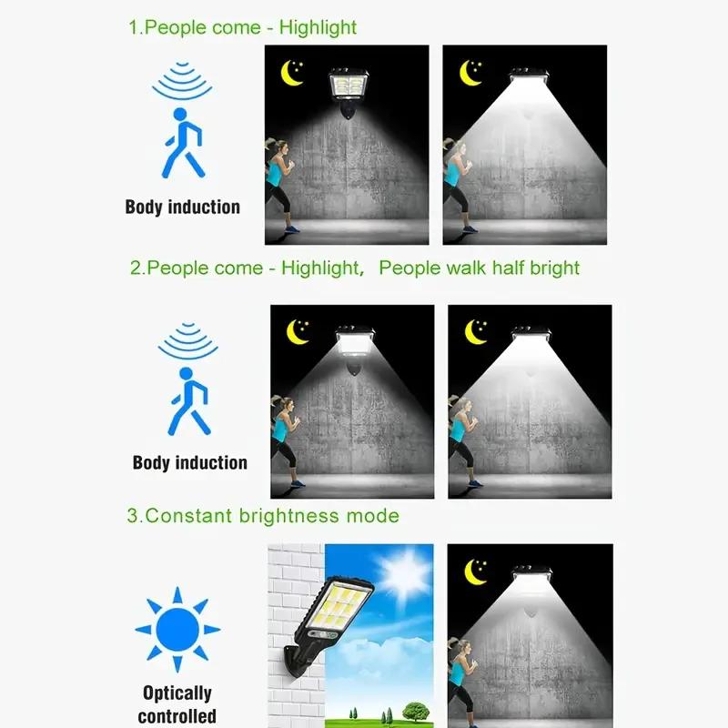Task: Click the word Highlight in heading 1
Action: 318,27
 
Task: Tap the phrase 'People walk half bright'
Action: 479,268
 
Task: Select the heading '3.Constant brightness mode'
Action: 263,516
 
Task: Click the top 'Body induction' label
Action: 183,207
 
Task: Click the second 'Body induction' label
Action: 189,462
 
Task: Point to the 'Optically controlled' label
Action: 177,704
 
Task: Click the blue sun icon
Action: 177,629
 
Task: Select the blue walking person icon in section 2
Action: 187,399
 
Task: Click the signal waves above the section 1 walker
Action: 182,80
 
